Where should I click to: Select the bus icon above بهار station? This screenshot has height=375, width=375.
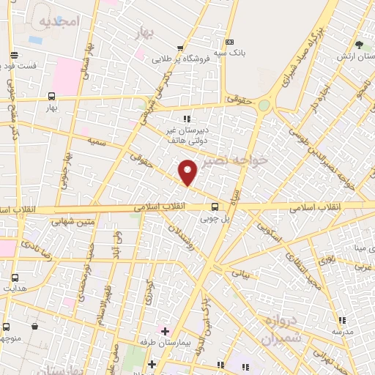click(51, 96)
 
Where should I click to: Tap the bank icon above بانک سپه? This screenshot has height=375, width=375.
click(231, 42)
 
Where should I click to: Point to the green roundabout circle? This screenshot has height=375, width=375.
click(264, 105)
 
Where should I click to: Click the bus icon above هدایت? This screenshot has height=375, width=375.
click(15, 278)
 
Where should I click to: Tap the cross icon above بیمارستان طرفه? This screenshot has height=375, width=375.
click(165, 331)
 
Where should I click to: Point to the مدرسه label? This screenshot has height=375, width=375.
click(341, 331)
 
